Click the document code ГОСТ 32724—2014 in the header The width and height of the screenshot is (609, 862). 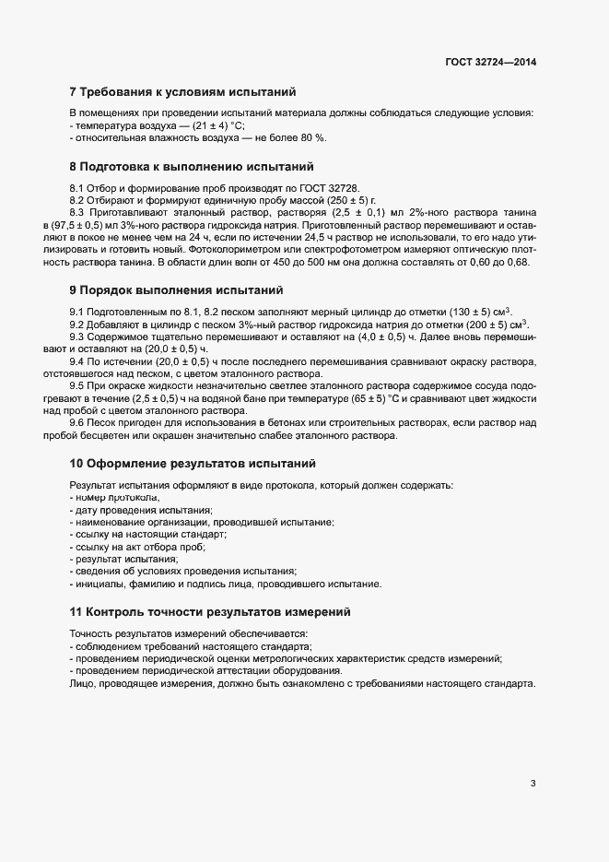point(490,62)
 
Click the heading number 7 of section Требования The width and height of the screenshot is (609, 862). point(74,91)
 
